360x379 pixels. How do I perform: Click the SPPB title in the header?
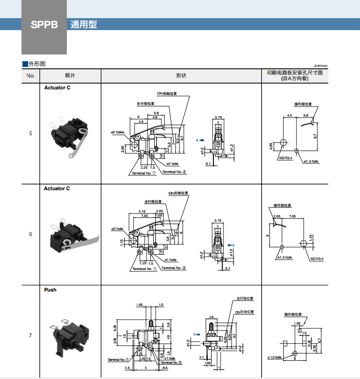[44, 24]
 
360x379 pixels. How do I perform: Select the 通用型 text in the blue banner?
[84, 24]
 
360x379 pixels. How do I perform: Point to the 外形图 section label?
[37, 64]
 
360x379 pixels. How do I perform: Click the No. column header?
[31, 76]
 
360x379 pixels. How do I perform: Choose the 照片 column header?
[70, 76]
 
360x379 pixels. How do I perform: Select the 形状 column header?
[181, 76]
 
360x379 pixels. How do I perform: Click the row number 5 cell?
[31, 133]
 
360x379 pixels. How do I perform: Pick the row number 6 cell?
[31, 234]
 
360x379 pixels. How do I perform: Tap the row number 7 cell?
[31, 336]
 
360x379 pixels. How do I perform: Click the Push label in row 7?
[50, 290]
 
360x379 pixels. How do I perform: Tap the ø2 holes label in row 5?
[117, 132]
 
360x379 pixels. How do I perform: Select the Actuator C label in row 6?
[57, 188]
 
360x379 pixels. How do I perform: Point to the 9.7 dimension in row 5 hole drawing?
[316, 136]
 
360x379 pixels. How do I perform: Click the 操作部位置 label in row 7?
[293, 314]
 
